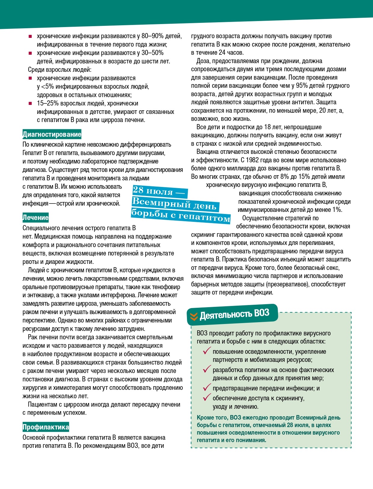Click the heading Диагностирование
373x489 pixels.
click(52, 134)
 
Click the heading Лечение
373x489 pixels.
click(35, 218)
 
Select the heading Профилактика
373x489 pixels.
click(46, 427)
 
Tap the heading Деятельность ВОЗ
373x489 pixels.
click(234, 314)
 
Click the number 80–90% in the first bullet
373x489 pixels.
click(152, 36)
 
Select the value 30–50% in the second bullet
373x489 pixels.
click(152, 53)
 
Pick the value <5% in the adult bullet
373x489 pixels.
click(47, 87)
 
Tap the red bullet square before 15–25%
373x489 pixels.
click(30, 104)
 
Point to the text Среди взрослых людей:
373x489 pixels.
click(60, 70)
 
